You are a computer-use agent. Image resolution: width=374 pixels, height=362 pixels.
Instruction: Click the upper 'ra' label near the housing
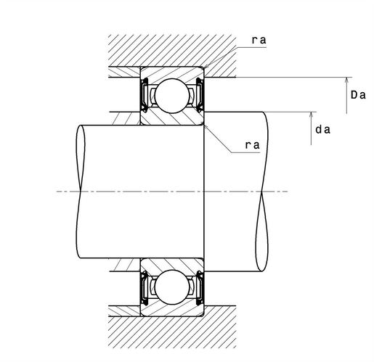(258, 41)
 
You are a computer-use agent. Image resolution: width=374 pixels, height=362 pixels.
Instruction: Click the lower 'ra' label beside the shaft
(252, 145)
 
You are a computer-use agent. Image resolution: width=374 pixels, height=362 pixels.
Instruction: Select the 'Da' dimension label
(357, 95)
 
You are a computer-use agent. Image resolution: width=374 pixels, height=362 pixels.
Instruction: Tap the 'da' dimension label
(323, 130)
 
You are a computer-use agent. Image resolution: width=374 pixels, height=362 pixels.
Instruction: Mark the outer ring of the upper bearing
(171, 74)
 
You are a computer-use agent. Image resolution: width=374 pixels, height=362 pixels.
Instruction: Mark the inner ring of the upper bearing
(171, 119)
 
